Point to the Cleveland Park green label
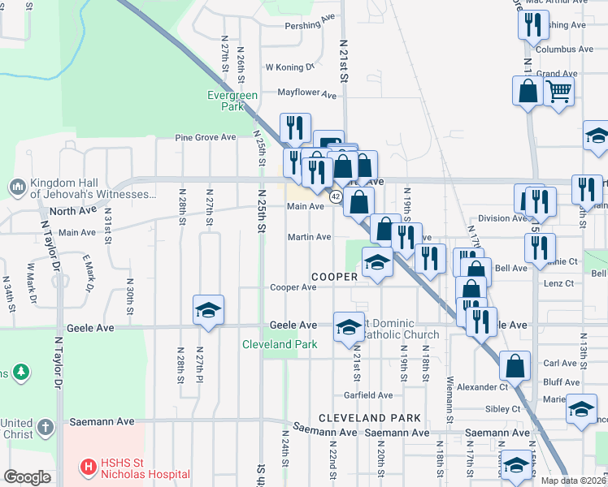click(x=280, y=344)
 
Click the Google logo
click(x=27, y=477)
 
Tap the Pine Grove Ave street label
click(x=205, y=137)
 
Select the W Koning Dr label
click(x=290, y=67)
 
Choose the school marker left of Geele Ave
click(x=208, y=311)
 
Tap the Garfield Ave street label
click(x=368, y=395)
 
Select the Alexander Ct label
click(x=481, y=387)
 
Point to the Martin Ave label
click(x=309, y=237)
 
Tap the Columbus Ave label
click(x=566, y=49)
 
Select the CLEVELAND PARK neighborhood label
click(x=369, y=418)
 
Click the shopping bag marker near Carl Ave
click(x=515, y=367)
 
